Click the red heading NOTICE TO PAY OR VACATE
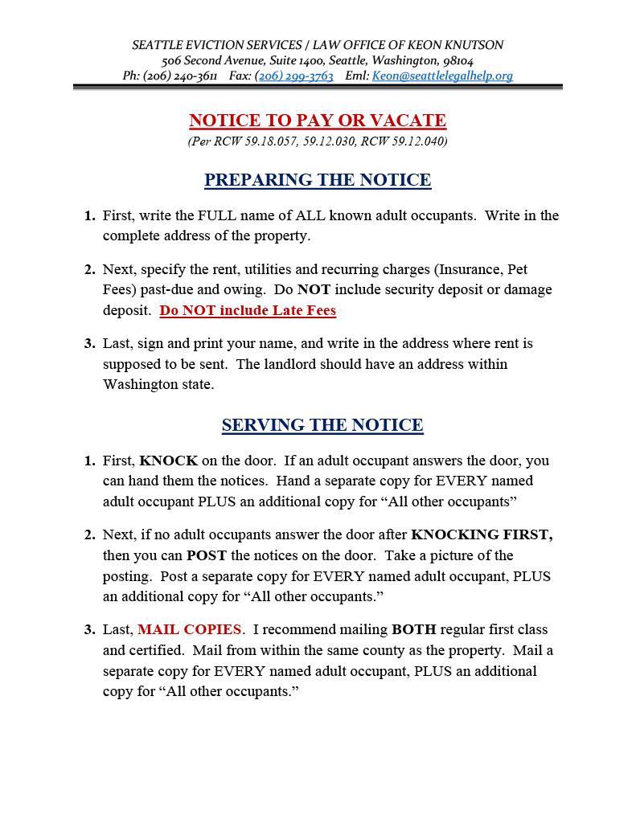pos(318,121)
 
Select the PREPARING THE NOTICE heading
pos(318,180)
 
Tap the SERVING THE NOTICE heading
pos(322,425)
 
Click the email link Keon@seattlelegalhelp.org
pos(441,76)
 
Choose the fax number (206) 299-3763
pos(293,76)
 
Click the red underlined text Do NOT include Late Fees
pos(248,310)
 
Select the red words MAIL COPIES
pos(189,629)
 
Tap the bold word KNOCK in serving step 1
pos(168,461)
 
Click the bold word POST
pos(207,555)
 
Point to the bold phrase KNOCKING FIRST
pos(481,534)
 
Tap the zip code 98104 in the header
pos(458,60)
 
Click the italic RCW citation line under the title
pos(318,141)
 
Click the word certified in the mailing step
pos(156,650)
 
